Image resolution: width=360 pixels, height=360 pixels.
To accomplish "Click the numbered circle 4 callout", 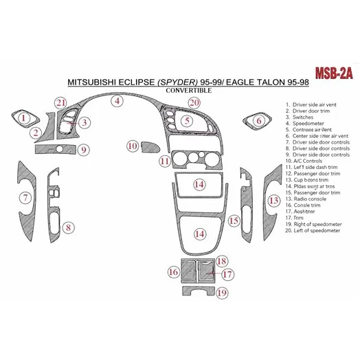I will click(x=117, y=102).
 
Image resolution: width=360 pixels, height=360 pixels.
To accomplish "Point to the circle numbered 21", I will click(x=60, y=103).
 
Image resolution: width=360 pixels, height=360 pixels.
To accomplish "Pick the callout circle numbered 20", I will click(x=194, y=102).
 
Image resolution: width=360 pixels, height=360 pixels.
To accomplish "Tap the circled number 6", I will click(x=259, y=120).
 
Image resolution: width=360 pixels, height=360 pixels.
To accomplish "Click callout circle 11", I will click(x=165, y=161).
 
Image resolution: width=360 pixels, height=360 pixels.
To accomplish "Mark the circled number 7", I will click(x=27, y=199).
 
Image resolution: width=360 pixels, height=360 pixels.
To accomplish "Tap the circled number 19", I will click(x=222, y=293).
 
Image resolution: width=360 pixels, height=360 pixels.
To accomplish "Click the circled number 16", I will click(x=172, y=273).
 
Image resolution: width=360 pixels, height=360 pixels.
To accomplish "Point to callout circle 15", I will click(x=234, y=221).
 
